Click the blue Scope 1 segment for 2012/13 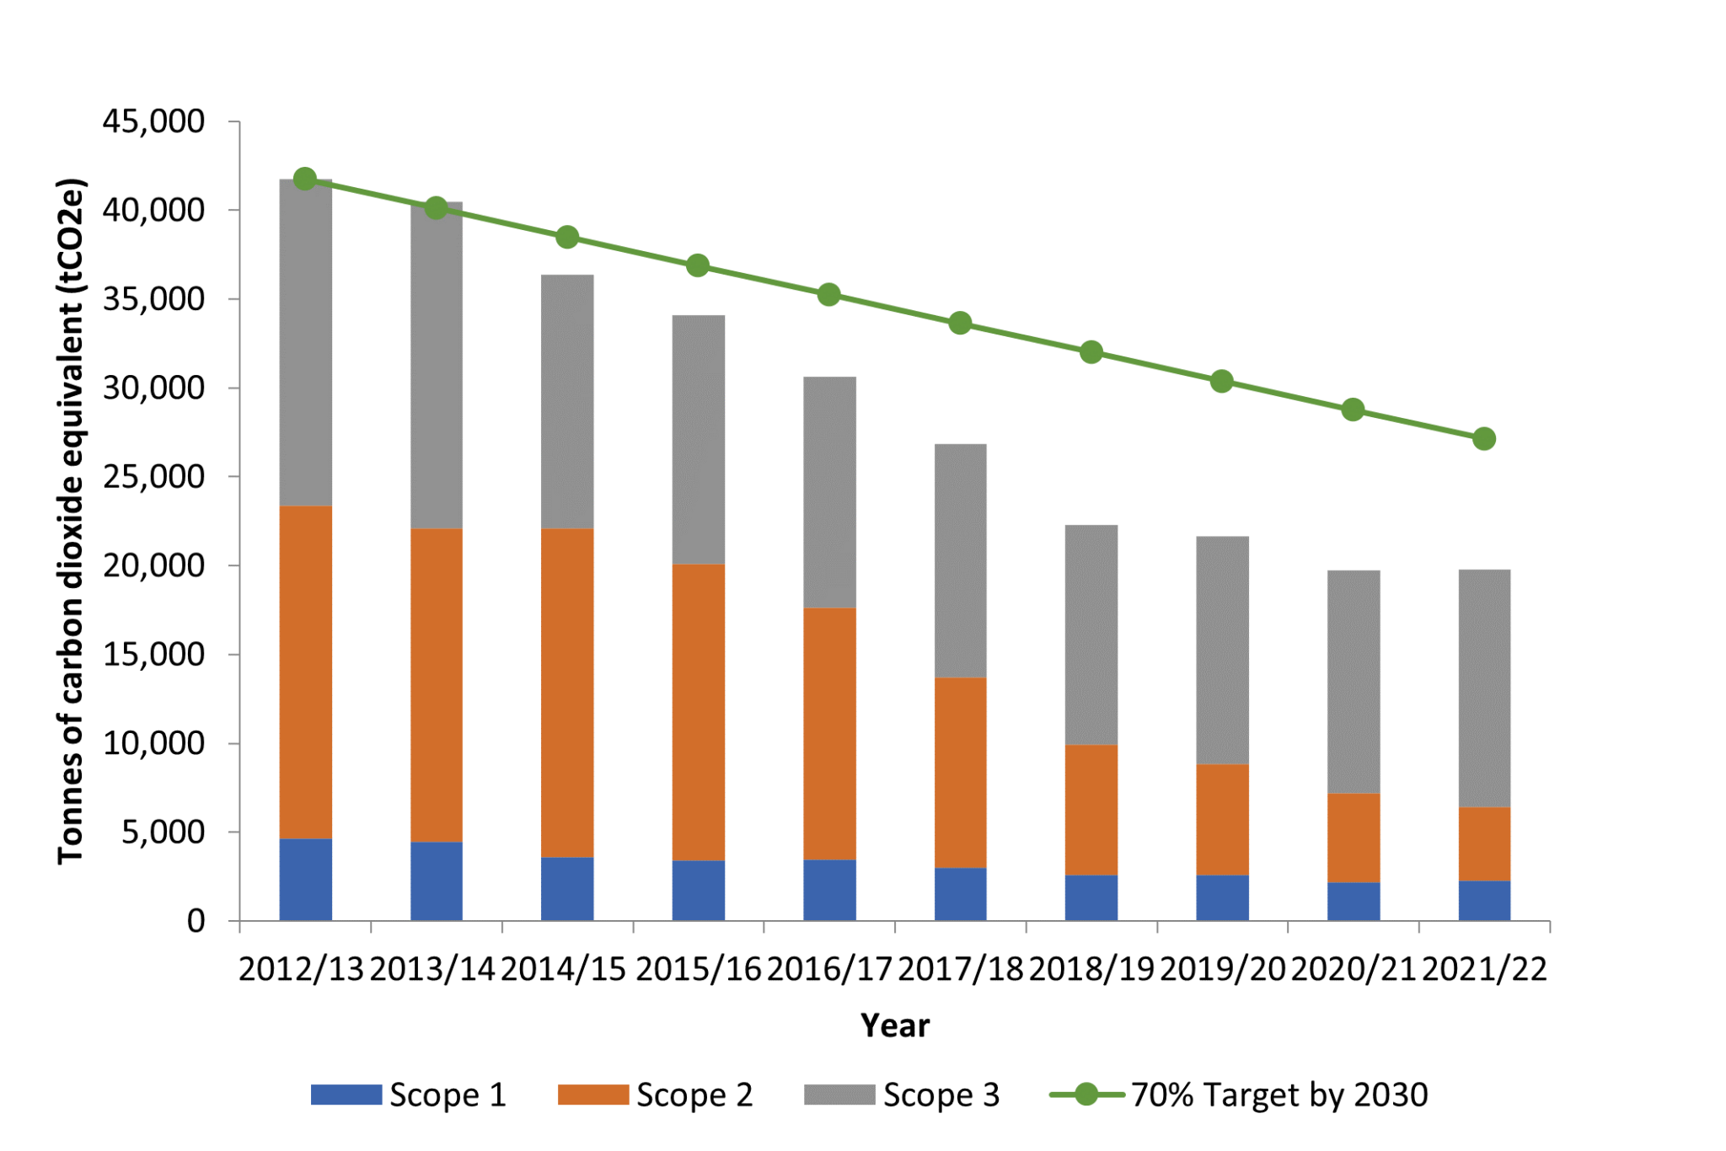pos(305,879)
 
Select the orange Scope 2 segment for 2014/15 pos(567,693)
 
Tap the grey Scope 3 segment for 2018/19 pos(1091,634)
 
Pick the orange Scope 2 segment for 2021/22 pos(1484,843)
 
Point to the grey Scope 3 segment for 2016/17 pos(829,492)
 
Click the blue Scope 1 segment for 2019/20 pos(1222,897)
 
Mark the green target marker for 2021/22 pos(1484,439)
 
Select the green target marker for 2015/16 pos(698,265)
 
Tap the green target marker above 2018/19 pos(1091,352)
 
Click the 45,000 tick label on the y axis pos(153,121)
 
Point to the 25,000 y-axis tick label pos(153,477)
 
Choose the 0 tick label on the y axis pos(196,921)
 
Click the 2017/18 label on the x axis pos(961,970)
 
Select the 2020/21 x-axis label pos(1353,970)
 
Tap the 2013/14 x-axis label pos(432,970)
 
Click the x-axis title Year pos(895,1025)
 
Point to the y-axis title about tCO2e pos(71,521)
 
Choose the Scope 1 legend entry pos(409,1095)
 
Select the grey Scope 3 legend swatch pos(839,1095)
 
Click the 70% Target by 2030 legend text pos(1279,1095)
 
